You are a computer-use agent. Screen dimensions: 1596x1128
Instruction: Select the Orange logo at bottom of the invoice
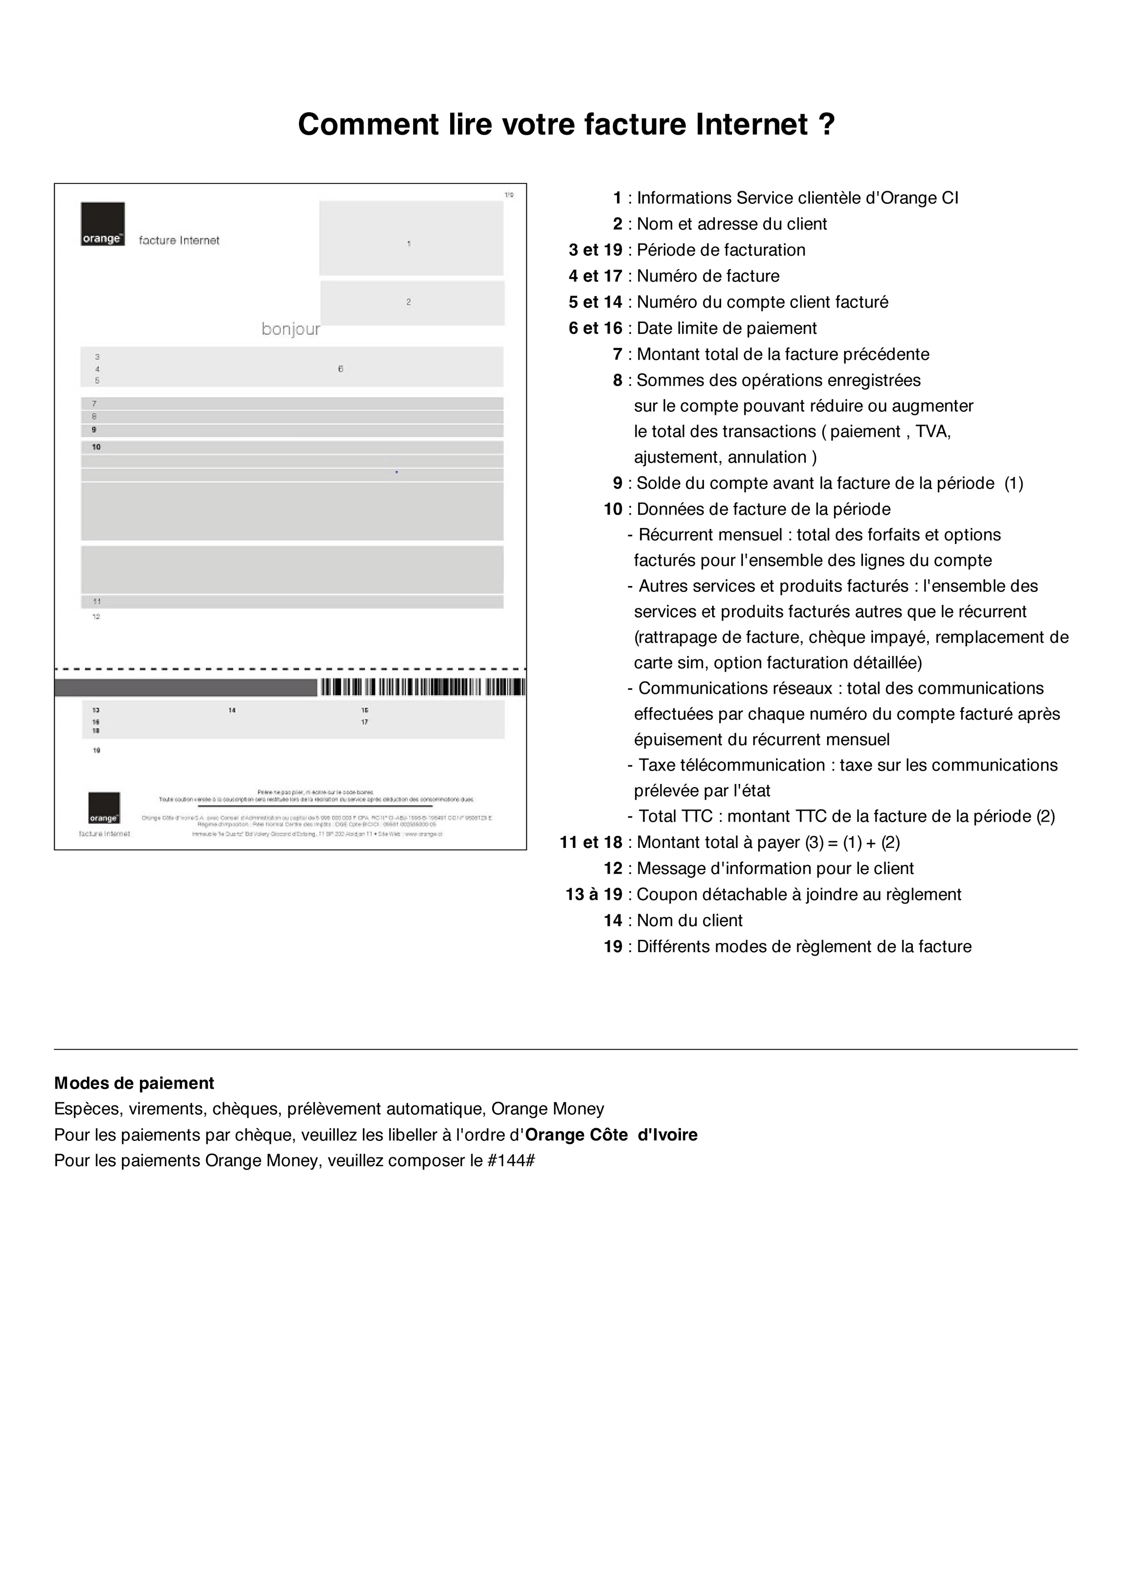pos(104,808)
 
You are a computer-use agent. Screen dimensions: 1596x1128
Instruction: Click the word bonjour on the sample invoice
pos(291,330)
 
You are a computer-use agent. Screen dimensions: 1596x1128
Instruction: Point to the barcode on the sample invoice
pos(421,687)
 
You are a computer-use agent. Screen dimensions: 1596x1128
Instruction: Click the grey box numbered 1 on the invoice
pos(411,238)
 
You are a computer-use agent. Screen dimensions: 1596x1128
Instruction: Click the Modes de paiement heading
pos(134,1083)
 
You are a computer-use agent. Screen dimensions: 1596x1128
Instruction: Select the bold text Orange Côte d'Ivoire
pos(611,1135)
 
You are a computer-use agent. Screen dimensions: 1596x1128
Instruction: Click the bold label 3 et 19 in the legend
pos(595,250)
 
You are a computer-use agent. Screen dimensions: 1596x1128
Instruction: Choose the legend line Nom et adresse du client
pos(732,224)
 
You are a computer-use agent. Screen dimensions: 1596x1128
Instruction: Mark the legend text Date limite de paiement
pos(727,328)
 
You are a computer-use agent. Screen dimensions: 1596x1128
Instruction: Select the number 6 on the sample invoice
pos(341,369)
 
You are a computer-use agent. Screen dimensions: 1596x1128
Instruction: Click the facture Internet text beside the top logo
pos(179,240)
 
